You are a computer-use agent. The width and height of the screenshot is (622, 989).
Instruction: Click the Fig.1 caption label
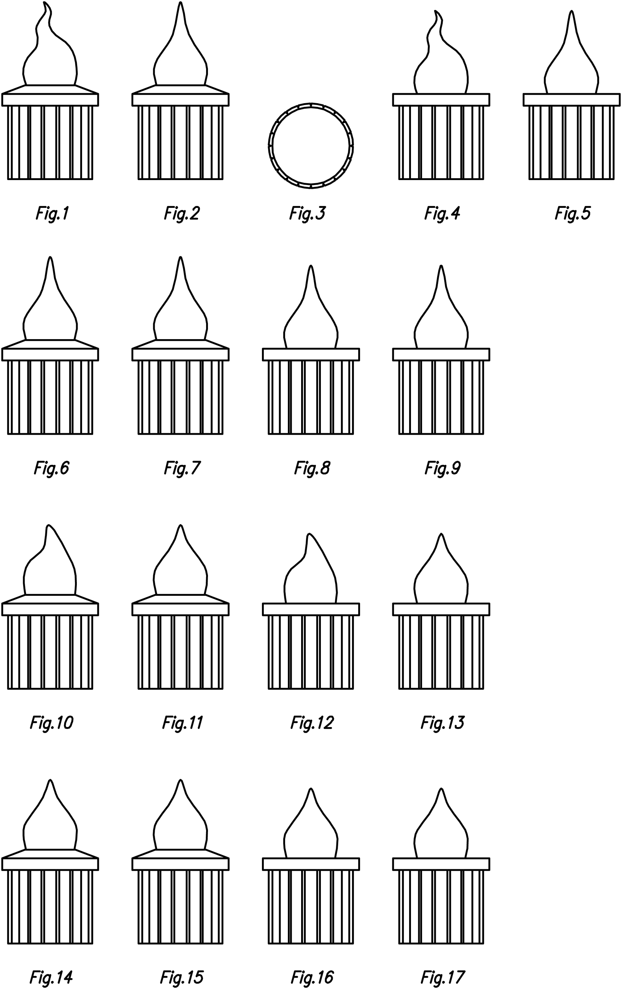coord(52,214)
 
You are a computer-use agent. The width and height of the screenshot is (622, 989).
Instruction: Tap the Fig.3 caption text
coord(307,214)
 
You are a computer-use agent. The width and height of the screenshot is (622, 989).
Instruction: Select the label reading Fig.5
coord(573,214)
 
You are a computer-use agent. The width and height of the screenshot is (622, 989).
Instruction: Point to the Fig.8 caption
coord(312,468)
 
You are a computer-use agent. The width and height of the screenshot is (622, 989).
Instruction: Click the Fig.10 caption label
coord(51,723)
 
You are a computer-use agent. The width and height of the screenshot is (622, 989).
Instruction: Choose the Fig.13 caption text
coord(442,723)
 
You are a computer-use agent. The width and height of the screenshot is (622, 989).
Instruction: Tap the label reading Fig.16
coord(312,978)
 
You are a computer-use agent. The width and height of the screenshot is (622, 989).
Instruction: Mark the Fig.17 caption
coord(442,978)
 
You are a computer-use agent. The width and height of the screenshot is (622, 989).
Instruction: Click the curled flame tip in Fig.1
coord(46,5)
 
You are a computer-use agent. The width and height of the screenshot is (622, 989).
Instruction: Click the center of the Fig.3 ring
coord(311,145)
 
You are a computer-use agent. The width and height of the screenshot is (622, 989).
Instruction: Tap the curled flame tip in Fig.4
coord(437,14)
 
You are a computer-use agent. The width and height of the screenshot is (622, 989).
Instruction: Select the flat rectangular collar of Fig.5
coord(571,99)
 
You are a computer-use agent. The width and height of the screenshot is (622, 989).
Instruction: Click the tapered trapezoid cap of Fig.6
coord(50,344)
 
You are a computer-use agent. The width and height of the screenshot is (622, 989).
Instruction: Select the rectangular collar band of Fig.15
coord(181,864)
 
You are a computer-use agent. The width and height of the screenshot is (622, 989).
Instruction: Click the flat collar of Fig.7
coord(181,354)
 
